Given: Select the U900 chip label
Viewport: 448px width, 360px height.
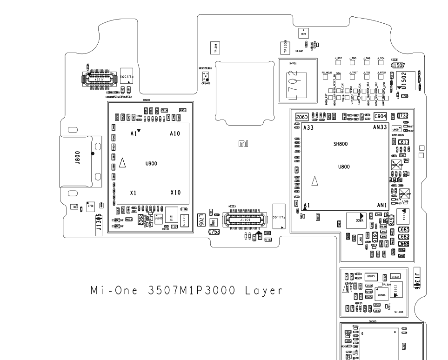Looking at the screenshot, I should pos(151,164).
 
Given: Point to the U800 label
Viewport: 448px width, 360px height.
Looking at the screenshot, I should pos(344,167).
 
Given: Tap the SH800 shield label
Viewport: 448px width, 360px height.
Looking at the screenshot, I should pos(341,144).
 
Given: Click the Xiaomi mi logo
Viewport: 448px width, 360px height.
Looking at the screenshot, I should pos(243,145).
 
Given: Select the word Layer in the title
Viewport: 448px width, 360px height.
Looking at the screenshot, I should pos(263,291).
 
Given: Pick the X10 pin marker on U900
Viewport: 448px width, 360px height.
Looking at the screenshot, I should pos(175,193).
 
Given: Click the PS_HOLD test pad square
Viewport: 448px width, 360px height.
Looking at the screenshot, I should pos(327,77).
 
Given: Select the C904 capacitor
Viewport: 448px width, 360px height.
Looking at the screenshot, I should pos(380,116).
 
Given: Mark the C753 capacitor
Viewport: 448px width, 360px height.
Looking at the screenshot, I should pos(214,232).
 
